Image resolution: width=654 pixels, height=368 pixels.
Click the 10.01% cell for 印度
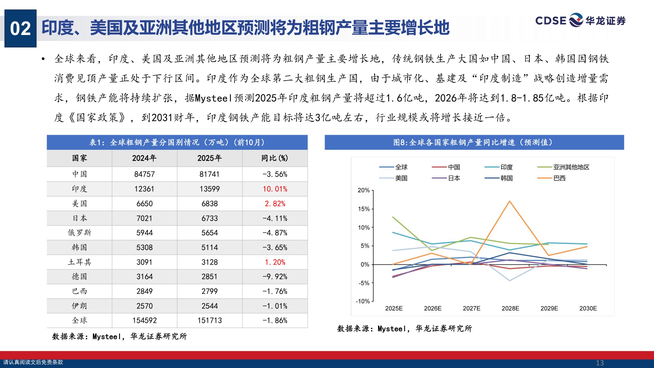point(275,189)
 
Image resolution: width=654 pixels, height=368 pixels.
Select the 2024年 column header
point(144,158)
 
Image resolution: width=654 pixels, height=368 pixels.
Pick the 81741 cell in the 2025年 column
point(209,174)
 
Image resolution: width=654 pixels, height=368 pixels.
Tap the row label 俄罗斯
point(79,233)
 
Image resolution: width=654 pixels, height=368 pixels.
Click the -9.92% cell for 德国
point(275,277)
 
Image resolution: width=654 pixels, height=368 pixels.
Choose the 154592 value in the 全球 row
point(144,321)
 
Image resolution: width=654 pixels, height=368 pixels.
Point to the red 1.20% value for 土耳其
point(275,262)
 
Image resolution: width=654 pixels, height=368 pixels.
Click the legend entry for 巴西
point(559,178)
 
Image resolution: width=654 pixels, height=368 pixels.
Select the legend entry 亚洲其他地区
point(571,167)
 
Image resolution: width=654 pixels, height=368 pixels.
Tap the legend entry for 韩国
point(507,178)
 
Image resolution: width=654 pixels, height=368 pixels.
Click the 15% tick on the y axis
point(364,209)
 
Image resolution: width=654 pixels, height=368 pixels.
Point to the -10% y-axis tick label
point(363,301)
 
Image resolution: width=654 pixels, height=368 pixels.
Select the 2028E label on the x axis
point(510,308)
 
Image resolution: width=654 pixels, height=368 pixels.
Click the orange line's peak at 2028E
point(509,201)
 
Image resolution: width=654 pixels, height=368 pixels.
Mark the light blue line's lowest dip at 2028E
point(509,281)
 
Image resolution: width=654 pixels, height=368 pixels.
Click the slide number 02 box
point(20,28)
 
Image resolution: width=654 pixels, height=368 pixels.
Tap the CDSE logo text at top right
point(551,21)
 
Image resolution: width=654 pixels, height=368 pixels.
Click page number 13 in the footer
point(600,363)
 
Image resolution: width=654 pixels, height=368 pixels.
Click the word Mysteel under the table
point(106,337)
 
